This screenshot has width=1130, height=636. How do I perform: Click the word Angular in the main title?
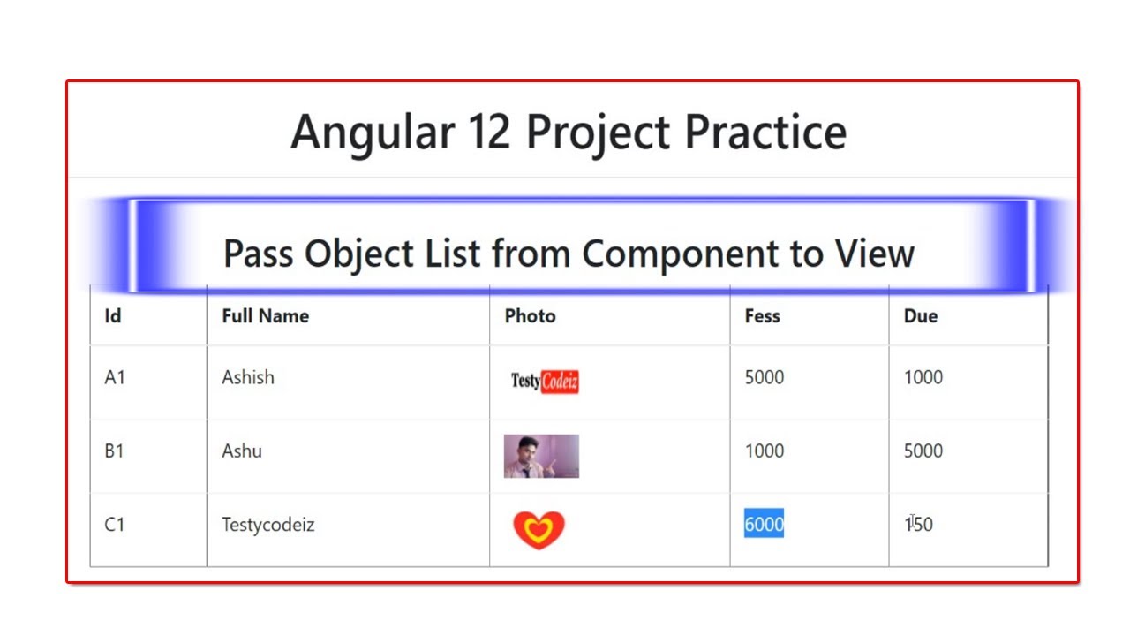click(x=372, y=132)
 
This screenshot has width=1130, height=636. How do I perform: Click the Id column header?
click(x=113, y=316)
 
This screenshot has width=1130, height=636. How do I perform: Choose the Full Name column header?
click(x=265, y=316)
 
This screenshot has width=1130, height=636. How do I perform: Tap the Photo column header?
click(x=530, y=316)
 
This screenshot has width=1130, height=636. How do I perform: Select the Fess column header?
click(x=762, y=316)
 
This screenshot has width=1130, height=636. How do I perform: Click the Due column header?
click(x=920, y=316)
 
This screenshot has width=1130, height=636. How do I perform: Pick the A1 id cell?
click(x=115, y=377)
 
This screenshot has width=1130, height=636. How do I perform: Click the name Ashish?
click(x=248, y=377)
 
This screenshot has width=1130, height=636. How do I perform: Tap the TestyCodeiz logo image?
click(x=545, y=382)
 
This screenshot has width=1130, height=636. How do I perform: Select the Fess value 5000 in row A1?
click(x=764, y=377)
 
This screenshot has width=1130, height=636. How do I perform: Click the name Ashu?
click(x=242, y=450)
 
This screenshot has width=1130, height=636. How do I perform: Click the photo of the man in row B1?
click(x=541, y=456)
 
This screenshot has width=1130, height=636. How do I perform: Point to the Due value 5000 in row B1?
click(x=923, y=450)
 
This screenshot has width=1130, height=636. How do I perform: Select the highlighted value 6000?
click(x=764, y=525)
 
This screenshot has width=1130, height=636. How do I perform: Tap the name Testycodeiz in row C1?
click(x=267, y=525)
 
